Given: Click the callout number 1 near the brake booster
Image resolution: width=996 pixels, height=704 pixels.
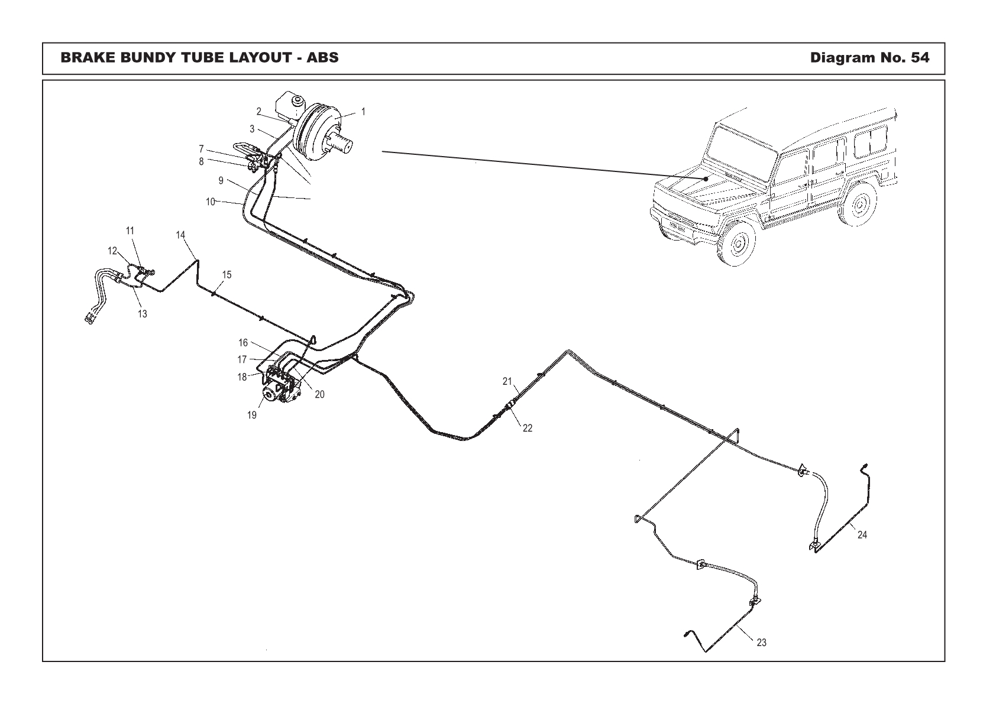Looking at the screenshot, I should [363, 111].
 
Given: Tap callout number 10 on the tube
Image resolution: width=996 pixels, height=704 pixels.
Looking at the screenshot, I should [210, 202].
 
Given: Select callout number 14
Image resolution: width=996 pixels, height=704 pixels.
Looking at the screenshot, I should [181, 235].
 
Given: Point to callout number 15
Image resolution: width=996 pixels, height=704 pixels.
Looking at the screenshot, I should [227, 275].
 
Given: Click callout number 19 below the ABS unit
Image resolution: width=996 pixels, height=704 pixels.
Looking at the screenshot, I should [252, 415].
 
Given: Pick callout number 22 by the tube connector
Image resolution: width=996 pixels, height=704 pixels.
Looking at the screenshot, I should [528, 428].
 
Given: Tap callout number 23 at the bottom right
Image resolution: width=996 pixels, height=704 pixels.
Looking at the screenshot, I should [762, 643].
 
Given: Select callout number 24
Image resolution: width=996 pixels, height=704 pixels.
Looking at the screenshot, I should [862, 535].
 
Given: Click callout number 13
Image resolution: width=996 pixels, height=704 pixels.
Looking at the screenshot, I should [143, 314].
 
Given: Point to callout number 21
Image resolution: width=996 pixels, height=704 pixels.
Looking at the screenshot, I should [507, 381].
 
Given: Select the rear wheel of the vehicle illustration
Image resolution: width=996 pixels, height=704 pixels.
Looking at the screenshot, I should [858, 205].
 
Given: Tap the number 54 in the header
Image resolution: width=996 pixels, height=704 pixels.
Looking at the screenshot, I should [920, 58].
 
